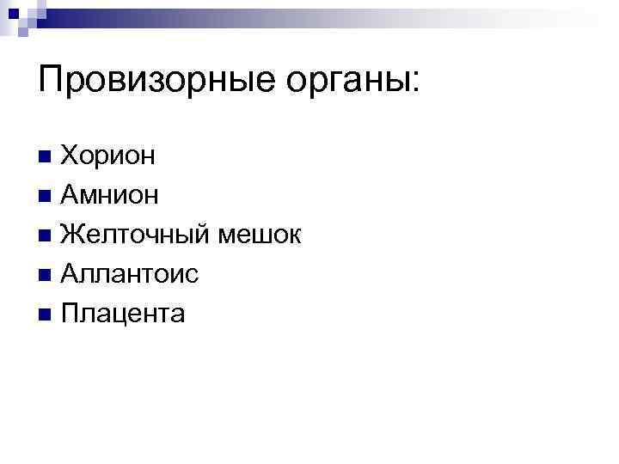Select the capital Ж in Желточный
point(74,235)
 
